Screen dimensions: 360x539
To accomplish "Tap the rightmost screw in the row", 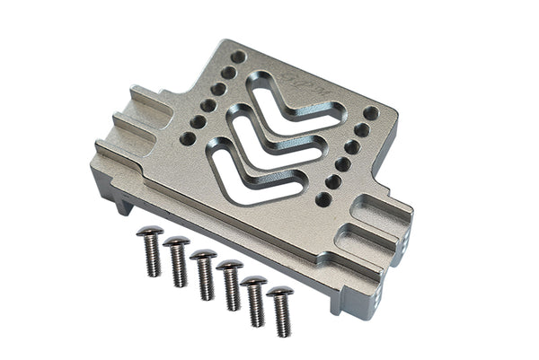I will click(281, 311).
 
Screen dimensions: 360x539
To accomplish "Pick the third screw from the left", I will click(204, 274).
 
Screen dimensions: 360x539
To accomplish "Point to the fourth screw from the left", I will click(231, 285).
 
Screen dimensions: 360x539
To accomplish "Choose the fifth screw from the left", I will click(255, 299).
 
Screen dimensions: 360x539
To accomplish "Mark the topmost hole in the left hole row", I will click(238, 57).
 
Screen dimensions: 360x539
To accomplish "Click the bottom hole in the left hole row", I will click(187, 138).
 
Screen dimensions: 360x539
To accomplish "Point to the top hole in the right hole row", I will click(370, 113).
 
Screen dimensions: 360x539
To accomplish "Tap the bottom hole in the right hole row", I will click(323, 199).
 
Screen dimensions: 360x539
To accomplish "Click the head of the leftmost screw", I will click(149, 233).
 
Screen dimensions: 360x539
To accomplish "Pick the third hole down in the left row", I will click(218, 89).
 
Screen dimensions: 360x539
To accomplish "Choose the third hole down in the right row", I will click(352, 147).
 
